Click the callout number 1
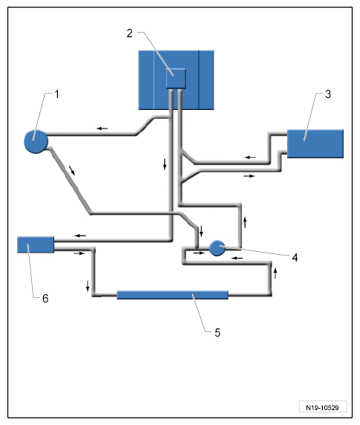click(57, 94)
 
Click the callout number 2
click(129, 33)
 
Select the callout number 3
click(328, 94)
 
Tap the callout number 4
click(295, 258)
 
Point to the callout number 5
click(218, 333)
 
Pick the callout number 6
click(45, 299)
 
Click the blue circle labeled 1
click(36, 141)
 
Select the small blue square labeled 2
click(176, 78)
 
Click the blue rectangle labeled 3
click(315, 143)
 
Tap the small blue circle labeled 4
click(217, 248)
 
